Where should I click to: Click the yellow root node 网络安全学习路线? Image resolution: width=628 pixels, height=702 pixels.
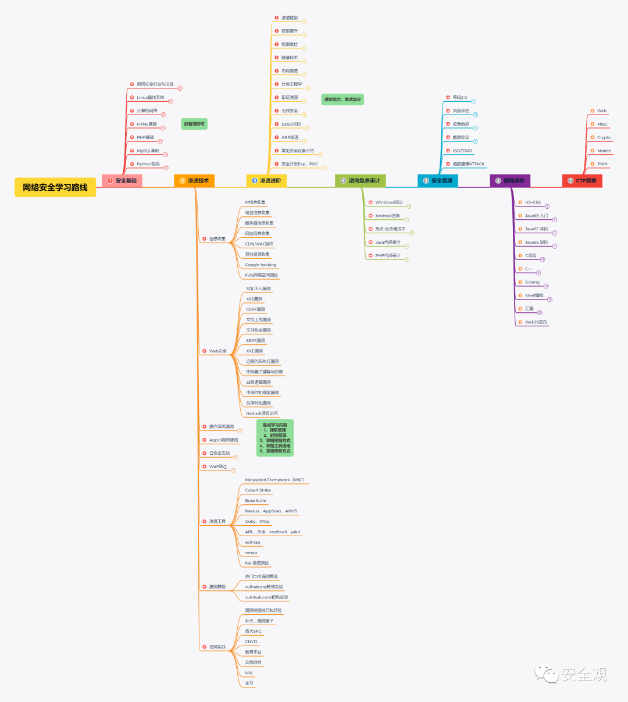(x=55, y=187)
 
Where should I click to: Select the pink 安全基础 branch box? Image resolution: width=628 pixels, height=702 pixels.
(x=122, y=181)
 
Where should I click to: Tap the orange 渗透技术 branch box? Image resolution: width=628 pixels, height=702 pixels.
(x=194, y=181)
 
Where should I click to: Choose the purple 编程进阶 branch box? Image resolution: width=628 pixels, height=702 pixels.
(x=510, y=181)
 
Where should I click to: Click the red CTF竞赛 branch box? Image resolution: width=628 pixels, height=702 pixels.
(x=582, y=181)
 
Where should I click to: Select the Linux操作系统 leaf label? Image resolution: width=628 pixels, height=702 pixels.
(x=151, y=98)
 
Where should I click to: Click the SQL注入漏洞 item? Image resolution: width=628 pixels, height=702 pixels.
(x=258, y=288)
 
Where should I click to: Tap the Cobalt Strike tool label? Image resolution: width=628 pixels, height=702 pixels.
(x=258, y=490)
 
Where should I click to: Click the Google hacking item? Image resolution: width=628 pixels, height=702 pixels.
(x=261, y=265)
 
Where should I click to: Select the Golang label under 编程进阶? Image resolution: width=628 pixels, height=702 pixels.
(x=532, y=282)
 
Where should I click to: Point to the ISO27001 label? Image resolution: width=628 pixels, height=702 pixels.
(x=462, y=151)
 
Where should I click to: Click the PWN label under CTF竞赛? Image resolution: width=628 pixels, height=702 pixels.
(x=602, y=164)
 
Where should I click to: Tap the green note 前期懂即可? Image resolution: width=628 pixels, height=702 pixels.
(x=194, y=124)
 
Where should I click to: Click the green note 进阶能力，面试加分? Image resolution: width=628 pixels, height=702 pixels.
(x=342, y=99)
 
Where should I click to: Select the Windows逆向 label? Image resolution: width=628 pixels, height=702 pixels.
(x=388, y=202)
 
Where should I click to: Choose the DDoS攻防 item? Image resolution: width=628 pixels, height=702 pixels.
(x=291, y=124)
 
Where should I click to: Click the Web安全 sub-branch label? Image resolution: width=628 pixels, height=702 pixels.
(x=218, y=351)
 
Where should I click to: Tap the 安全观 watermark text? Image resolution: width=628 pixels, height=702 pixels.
(x=584, y=675)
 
